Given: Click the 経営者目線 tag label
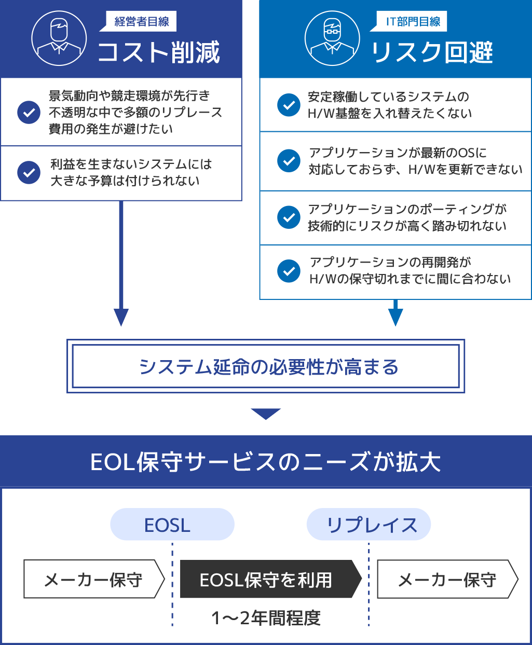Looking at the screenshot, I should point(142,22).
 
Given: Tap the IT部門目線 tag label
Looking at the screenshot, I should point(413,22).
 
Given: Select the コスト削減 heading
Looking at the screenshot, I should point(159,52).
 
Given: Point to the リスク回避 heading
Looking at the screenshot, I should point(432,52).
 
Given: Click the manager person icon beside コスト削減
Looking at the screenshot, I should point(59,38).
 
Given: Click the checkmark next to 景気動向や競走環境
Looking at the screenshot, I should point(29,112).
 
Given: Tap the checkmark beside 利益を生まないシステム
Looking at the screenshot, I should point(29,173).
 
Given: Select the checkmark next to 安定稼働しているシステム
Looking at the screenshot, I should point(289,105).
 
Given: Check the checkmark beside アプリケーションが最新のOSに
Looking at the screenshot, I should point(289,161).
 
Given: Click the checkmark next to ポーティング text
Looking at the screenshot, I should point(289,217).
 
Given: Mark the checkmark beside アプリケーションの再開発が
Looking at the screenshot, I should point(289,271).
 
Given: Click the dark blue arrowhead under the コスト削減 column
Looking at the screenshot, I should point(121,317).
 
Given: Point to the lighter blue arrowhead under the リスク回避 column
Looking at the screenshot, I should point(395,317).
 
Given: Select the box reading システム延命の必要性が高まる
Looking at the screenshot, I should point(266,366).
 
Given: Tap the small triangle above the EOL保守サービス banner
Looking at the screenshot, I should point(266,413).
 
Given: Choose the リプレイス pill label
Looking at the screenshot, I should point(369,525).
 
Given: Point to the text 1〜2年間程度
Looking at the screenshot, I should point(266,617).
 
